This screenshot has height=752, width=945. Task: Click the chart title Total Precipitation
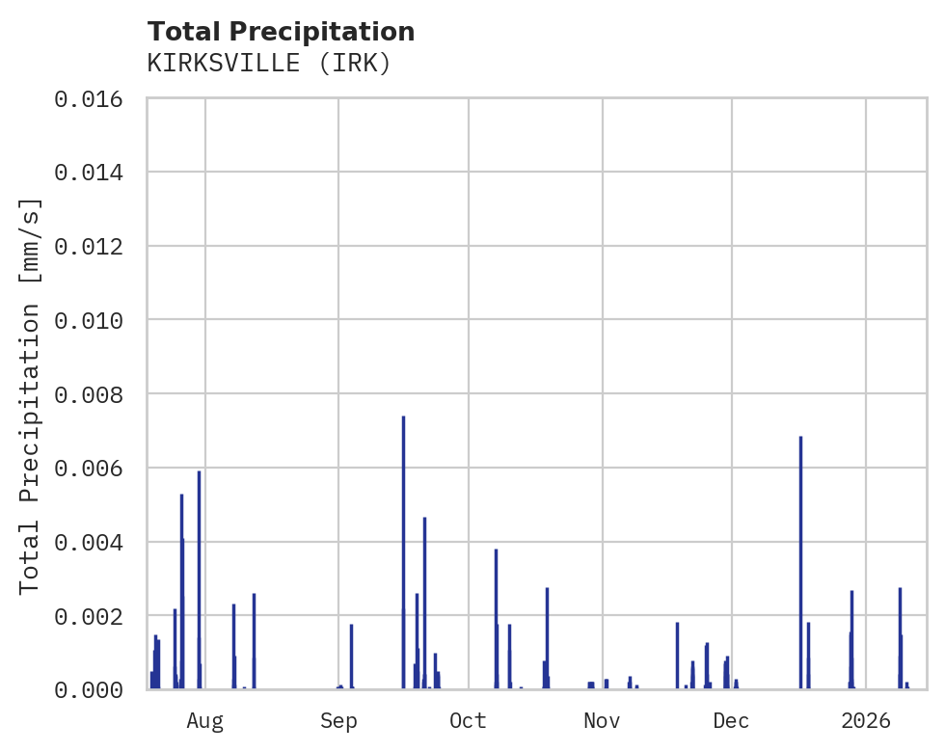pos(281,32)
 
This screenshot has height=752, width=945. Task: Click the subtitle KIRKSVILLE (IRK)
pos(269,64)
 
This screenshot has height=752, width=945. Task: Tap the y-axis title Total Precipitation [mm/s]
pos(31,394)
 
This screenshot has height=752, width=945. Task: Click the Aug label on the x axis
pos(205,720)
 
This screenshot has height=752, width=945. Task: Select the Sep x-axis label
pos(338,720)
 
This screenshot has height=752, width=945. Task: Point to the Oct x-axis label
pos(468,720)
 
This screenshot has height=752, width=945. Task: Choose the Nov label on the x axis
pos(601,720)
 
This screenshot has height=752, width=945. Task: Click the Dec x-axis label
pos(731,720)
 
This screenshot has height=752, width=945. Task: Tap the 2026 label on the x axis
pos(865,720)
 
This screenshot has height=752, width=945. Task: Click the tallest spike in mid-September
pos(403,550)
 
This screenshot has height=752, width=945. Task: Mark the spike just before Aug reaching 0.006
pos(199,578)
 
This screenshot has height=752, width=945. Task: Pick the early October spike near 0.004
pos(496,617)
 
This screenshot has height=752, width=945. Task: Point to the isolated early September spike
pos(351,656)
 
